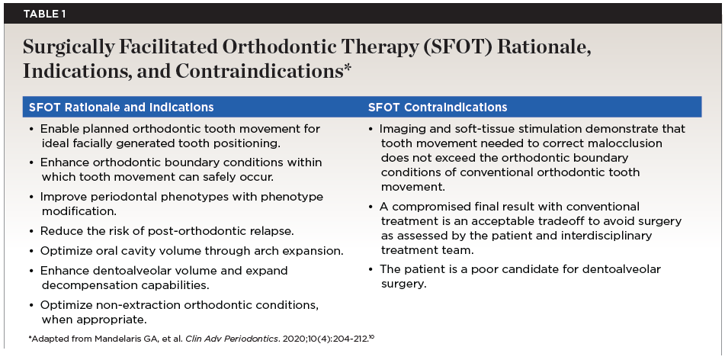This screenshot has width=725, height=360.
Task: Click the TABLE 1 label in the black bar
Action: pos(44,14)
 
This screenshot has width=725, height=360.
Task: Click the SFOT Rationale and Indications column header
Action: pos(121,108)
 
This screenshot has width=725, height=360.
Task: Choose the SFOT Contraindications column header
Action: pos(438,108)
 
